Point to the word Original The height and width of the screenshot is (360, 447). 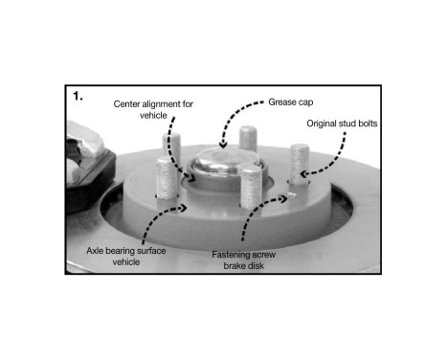point(325,124)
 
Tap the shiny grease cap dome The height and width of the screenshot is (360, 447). point(222,157)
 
